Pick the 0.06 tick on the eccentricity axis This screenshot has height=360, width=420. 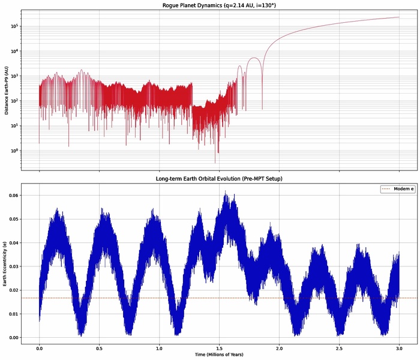click(12, 196)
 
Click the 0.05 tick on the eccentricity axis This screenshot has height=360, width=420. click(12, 219)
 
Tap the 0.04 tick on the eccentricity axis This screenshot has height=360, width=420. click(12, 243)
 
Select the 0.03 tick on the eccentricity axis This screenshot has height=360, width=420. click(12, 266)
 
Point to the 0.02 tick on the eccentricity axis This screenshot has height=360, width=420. click(12, 290)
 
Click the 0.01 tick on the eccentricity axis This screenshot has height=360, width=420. click(12, 314)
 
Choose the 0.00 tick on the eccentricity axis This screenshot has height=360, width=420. click(12, 338)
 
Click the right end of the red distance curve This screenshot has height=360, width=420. click(399, 17)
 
